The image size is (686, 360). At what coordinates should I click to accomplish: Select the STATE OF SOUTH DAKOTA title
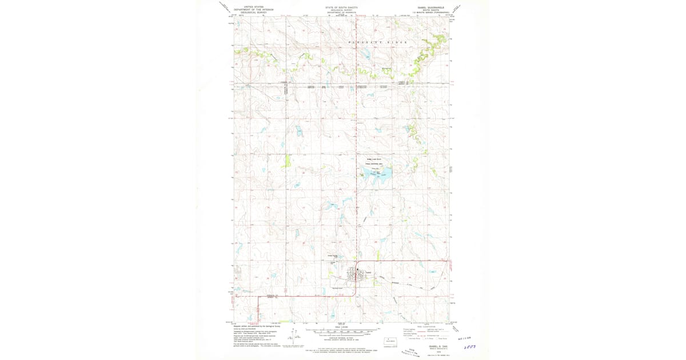click(x=342, y=7)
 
